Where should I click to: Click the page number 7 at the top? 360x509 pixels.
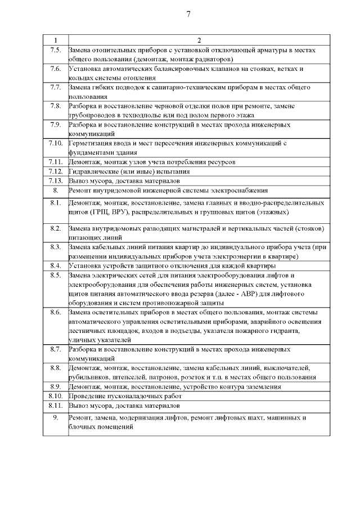pyautogui.click(x=188, y=15)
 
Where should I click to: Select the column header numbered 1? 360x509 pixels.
pyautogui.click(x=55, y=40)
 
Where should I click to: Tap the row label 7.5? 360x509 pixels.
pyautogui.click(x=55, y=50)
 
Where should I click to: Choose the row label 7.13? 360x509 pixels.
pyautogui.click(x=55, y=181)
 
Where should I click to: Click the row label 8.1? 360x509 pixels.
pyautogui.click(x=55, y=202)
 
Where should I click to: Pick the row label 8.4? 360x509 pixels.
pyautogui.click(x=55, y=265)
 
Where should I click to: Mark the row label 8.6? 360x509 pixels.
pyautogui.click(x=55, y=312)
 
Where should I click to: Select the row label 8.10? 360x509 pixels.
pyautogui.click(x=55, y=396)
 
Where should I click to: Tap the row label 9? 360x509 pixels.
pyautogui.click(x=55, y=418)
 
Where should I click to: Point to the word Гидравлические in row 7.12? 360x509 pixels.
pyautogui.click(x=93, y=171)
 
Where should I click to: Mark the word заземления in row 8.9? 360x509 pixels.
pyautogui.click(x=262, y=386)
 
